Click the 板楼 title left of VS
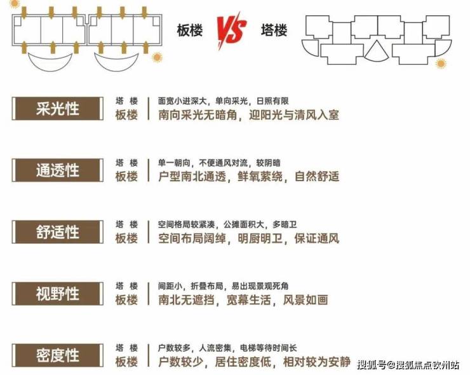click(x=190, y=31)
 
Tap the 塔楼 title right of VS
click(x=274, y=31)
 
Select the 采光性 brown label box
click(x=58, y=109)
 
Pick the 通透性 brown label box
click(x=58, y=170)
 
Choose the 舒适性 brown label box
click(x=58, y=232)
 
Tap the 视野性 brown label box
click(x=58, y=294)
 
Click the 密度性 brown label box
click(x=58, y=355)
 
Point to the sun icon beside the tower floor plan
click(x=441, y=64)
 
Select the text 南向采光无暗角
click(x=198, y=115)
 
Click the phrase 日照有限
click(x=272, y=101)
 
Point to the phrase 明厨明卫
click(x=260, y=238)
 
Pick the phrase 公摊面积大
click(x=244, y=224)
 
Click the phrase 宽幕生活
click(x=249, y=300)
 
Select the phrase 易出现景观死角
click(x=260, y=286)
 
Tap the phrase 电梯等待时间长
click(x=268, y=348)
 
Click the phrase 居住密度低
click(x=243, y=362)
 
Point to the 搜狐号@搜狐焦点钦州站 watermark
click(x=408, y=365)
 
